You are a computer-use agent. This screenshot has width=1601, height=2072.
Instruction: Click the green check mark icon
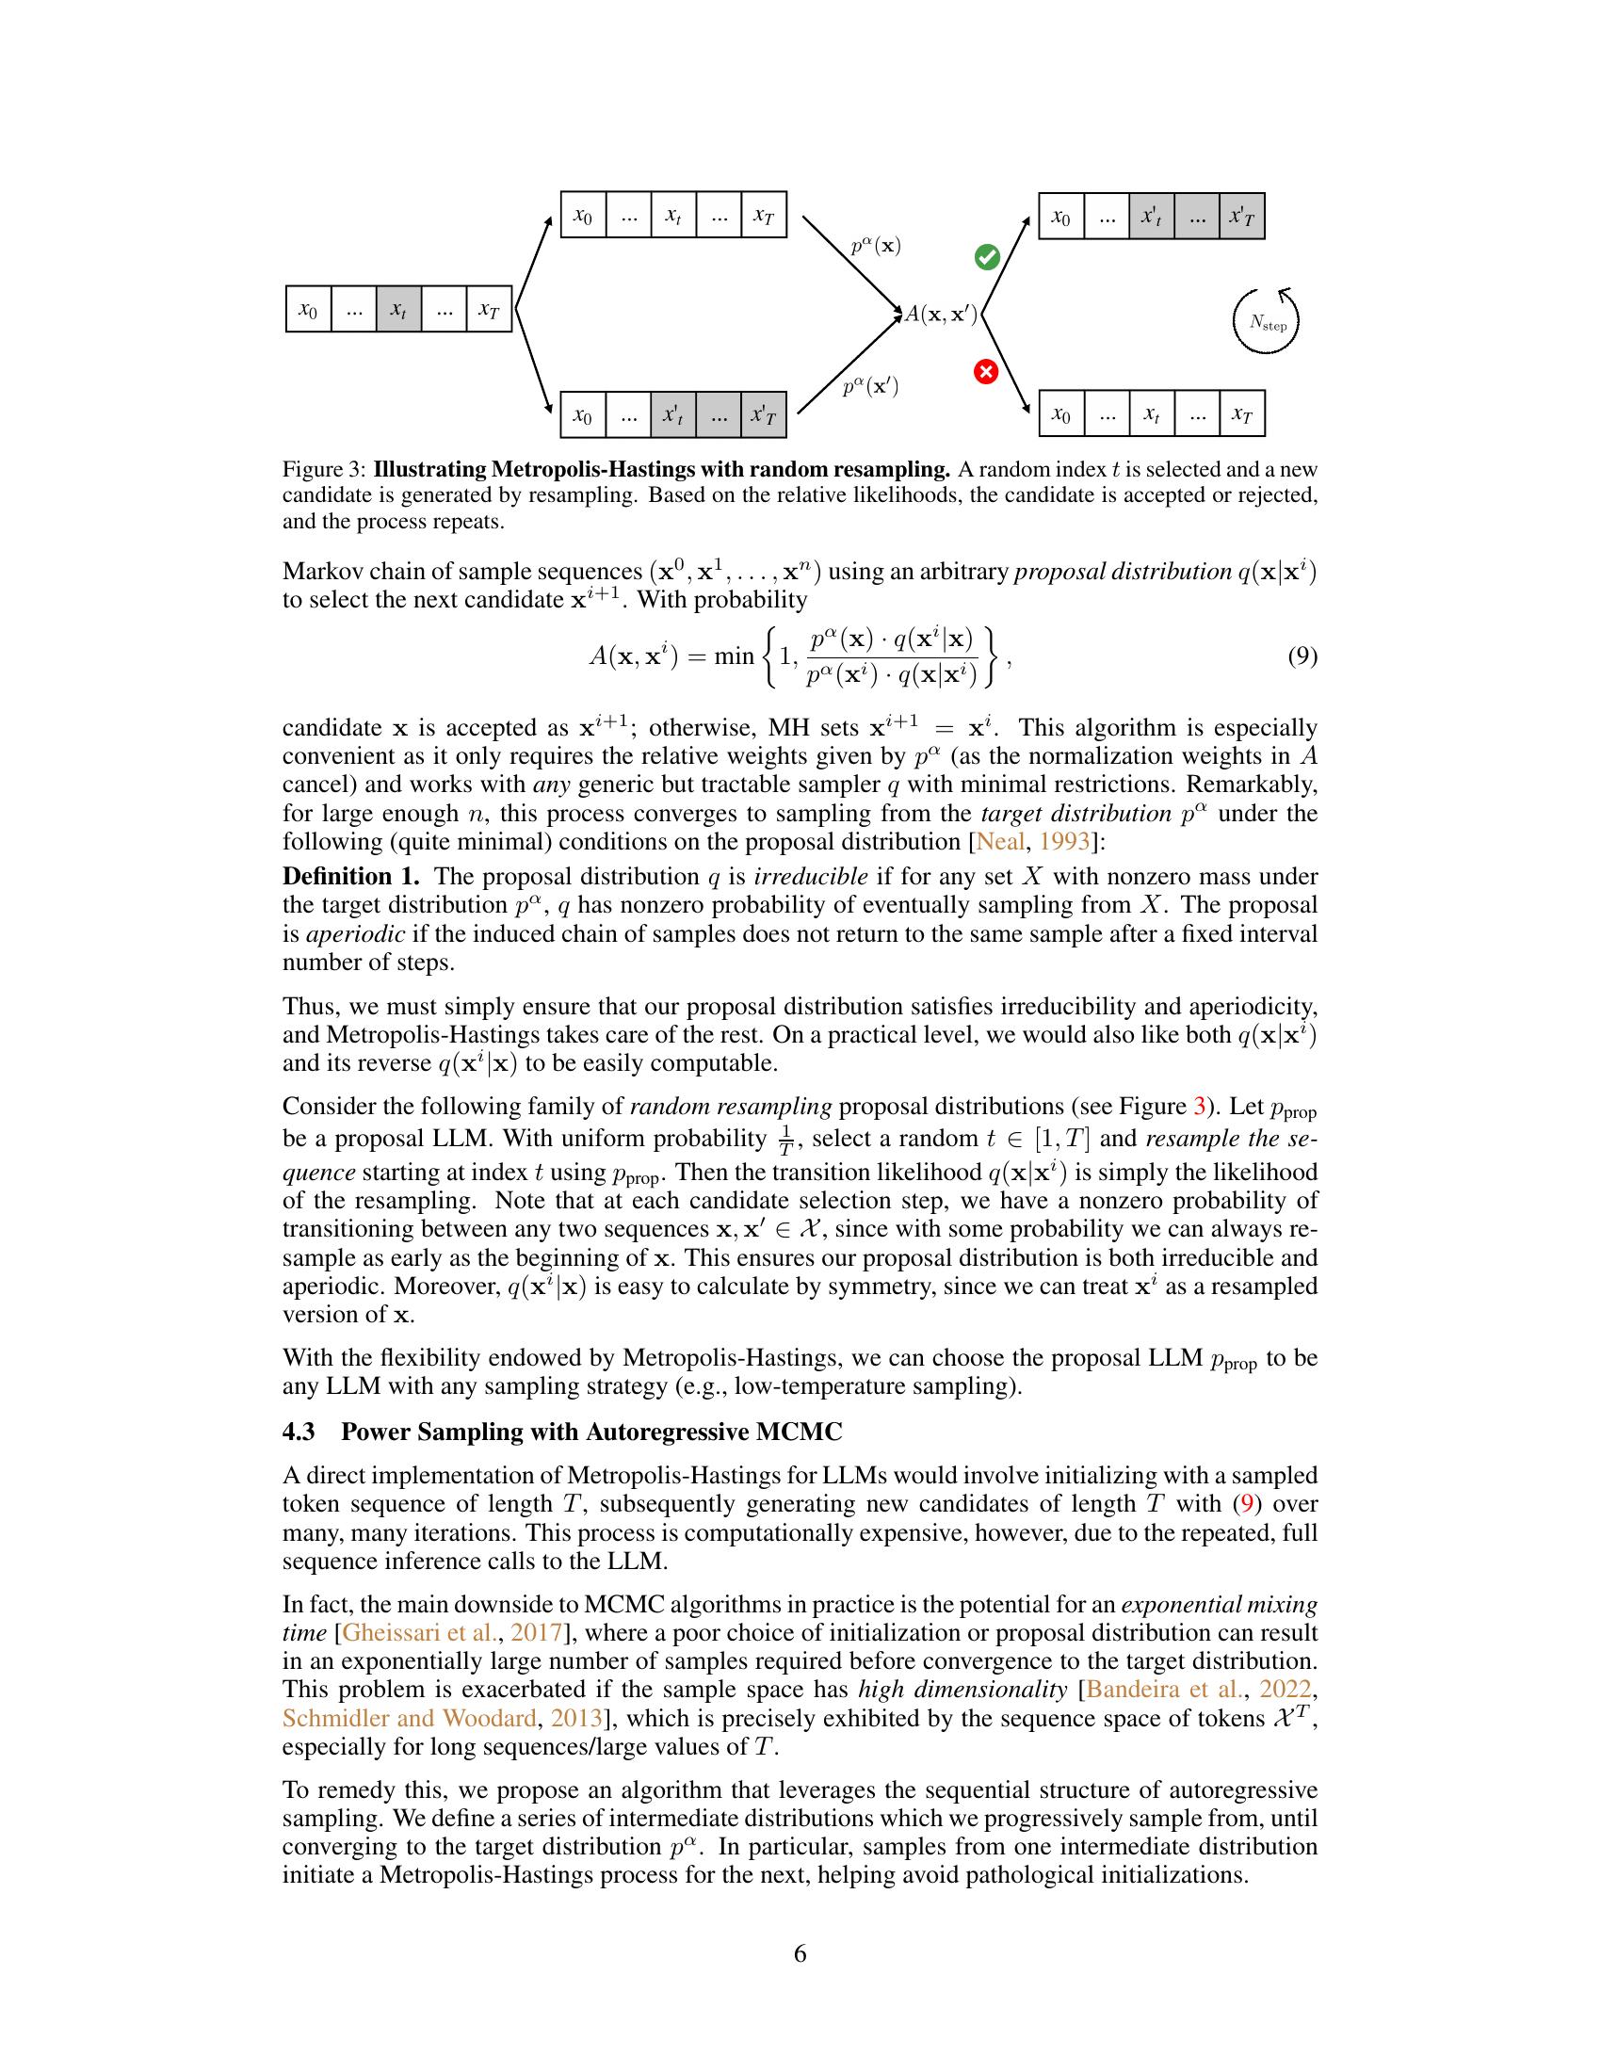coord(987,256)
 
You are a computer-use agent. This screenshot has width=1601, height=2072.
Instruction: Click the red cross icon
coord(986,371)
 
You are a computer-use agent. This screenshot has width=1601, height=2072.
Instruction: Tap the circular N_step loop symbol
coord(1266,320)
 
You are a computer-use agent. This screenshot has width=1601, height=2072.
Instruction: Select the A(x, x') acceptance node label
coord(940,314)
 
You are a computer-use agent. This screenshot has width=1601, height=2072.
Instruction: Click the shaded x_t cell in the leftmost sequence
coord(398,309)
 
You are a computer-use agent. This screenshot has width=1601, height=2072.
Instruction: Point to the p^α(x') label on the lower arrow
coord(871,386)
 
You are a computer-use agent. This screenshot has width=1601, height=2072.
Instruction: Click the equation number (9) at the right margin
coord(1302,656)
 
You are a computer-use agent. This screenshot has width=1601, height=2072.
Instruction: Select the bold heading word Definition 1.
coord(351,876)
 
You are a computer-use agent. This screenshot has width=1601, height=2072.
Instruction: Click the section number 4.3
coord(299,1431)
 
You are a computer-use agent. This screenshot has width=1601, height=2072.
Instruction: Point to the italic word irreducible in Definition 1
coord(810,876)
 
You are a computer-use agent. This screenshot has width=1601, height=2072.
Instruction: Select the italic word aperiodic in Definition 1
coord(355,933)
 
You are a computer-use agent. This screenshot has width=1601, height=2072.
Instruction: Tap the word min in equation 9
coord(733,656)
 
